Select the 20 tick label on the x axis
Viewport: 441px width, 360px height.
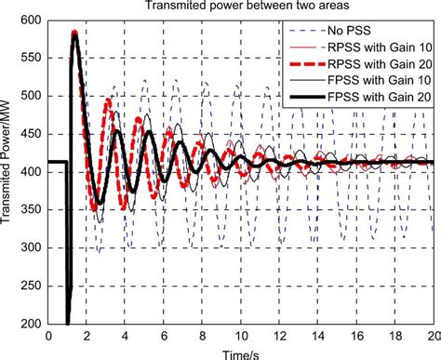[x=432, y=336]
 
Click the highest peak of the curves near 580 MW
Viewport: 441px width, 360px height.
[x=74, y=33]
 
